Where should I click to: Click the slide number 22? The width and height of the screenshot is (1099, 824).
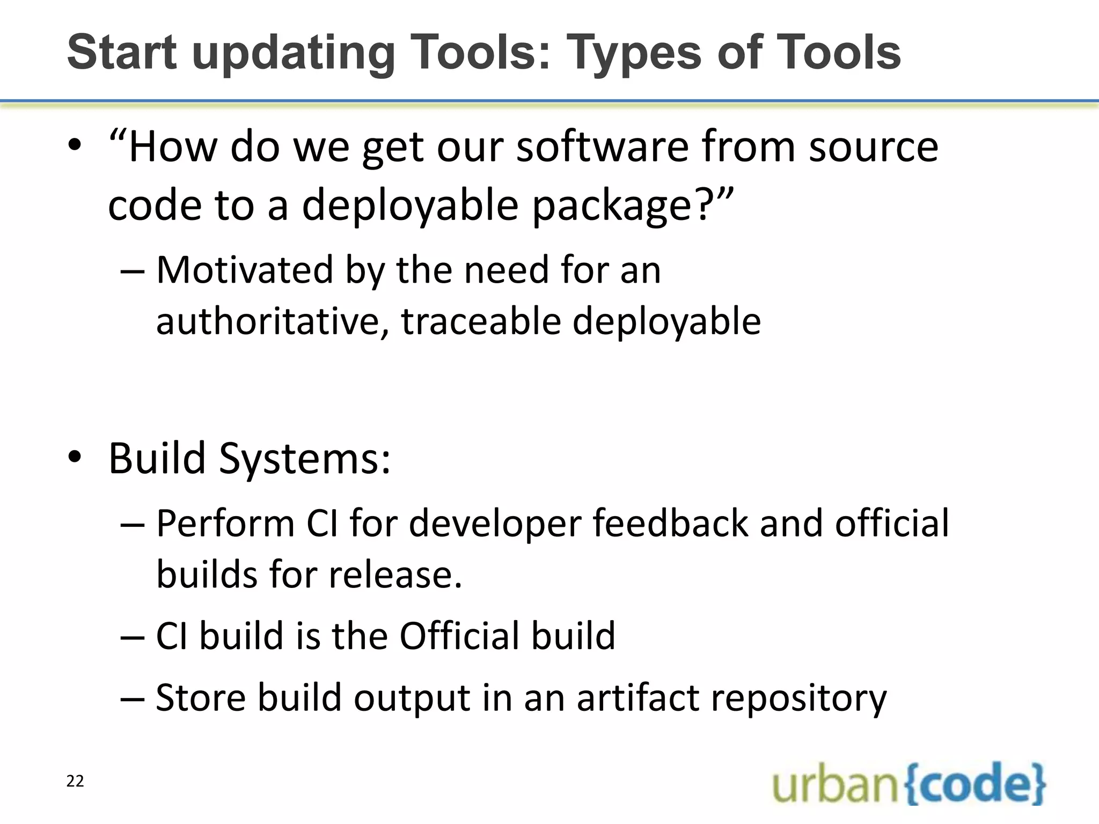[x=75, y=781]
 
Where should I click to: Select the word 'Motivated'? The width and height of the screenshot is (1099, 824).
[x=244, y=270]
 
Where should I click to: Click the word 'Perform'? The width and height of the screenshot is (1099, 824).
[x=225, y=524]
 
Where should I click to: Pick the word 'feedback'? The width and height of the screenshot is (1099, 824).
[x=670, y=524]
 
